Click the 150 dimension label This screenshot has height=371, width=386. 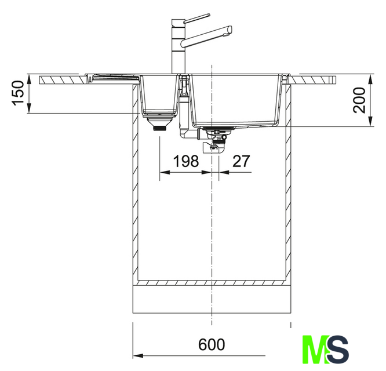[x=19, y=93]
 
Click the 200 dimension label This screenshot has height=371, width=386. [x=359, y=100]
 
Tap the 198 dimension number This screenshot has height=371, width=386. [x=186, y=161]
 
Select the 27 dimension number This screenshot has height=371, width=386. [x=241, y=161]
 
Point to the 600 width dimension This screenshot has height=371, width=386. [x=212, y=344]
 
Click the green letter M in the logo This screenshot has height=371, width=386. [x=316, y=350]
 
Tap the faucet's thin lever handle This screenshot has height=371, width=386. [x=197, y=18]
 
